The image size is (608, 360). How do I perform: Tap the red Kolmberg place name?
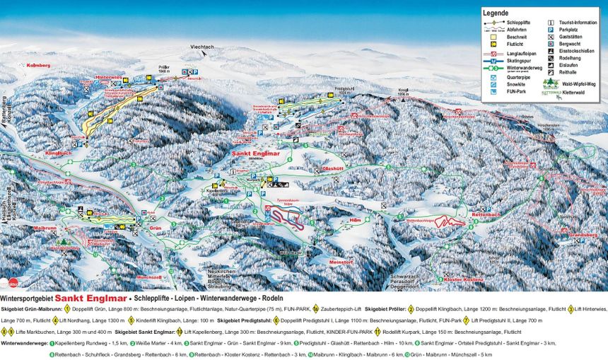coord(40,64)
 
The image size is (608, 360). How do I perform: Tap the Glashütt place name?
coord(332,169)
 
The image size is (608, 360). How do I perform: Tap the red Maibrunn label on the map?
coord(44,228)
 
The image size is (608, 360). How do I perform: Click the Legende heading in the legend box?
coord(496,13)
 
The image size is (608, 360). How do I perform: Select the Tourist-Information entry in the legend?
coord(578,23)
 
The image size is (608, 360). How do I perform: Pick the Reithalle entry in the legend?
coord(570,73)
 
